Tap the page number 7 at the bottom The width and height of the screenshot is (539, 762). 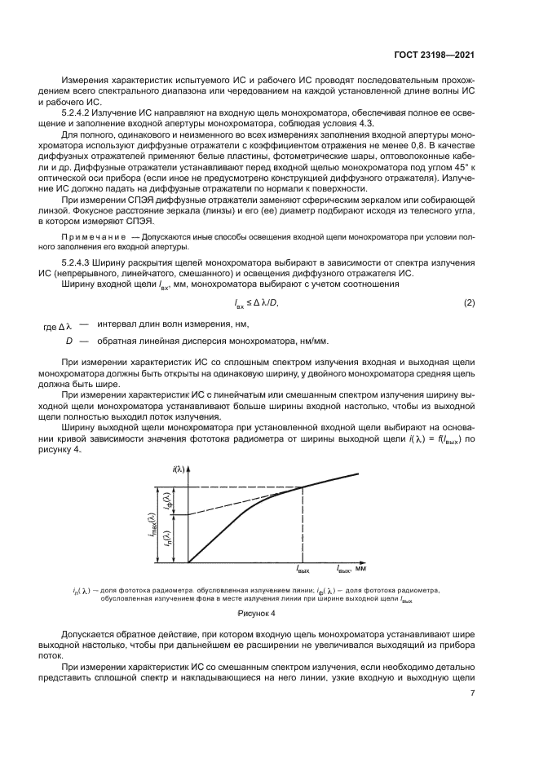[x=472, y=694]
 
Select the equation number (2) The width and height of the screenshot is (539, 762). [x=469, y=303]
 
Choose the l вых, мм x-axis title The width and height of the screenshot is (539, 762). [x=351, y=567]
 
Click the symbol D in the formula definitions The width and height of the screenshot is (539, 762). [x=70, y=341]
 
